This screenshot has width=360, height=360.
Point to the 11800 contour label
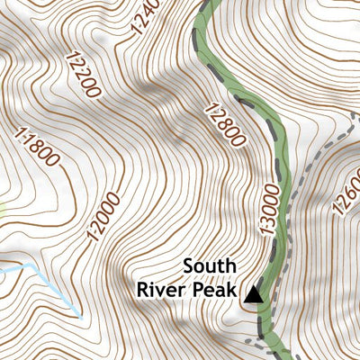click(38, 147)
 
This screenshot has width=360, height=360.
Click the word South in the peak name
click(210, 266)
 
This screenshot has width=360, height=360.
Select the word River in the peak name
click(163, 290)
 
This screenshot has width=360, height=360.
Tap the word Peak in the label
click(217, 290)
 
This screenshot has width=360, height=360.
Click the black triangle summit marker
click(255, 293)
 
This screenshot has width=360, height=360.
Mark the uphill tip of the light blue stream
click(80, 318)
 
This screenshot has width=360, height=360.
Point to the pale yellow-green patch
click(3, 210)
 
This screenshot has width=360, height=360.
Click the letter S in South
click(188, 266)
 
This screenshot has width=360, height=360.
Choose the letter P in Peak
click(202, 290)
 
